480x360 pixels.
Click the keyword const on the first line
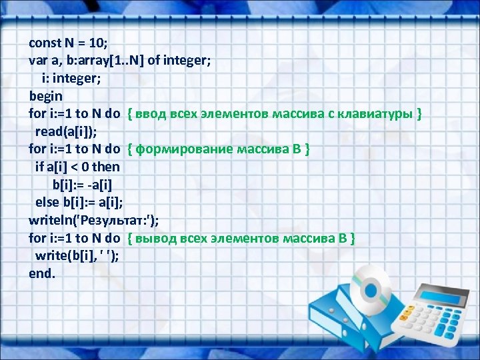coord(45,43)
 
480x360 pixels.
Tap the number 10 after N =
coord(97,43)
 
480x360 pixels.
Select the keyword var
coord(37,61)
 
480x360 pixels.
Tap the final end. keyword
coord(42,273)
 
